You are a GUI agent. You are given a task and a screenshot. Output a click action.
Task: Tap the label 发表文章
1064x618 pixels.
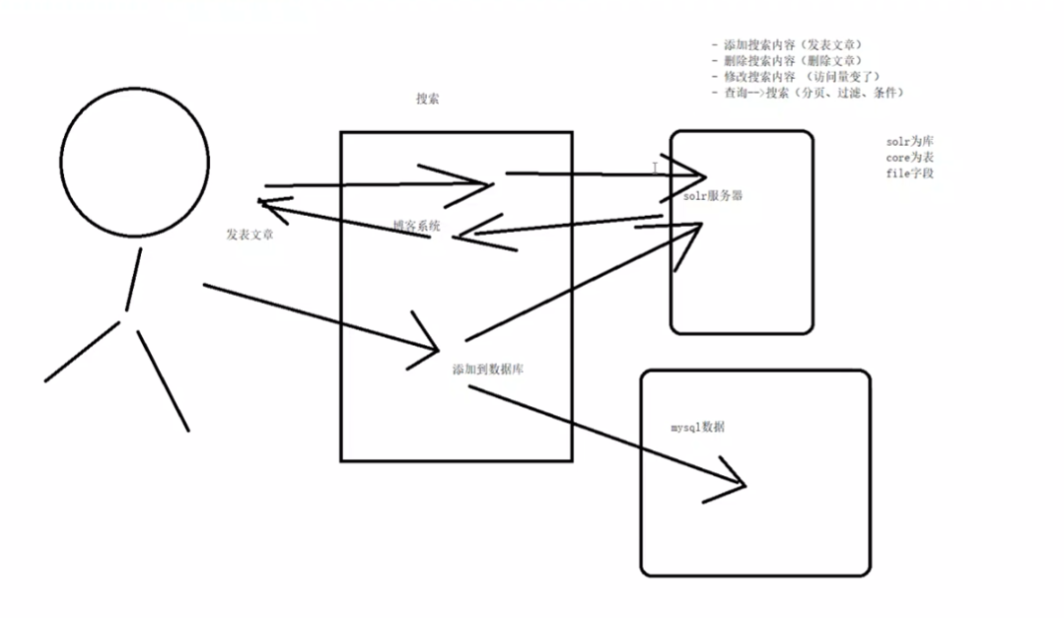(249, 235)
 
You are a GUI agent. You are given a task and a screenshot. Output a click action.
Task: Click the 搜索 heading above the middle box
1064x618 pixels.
(427, 99)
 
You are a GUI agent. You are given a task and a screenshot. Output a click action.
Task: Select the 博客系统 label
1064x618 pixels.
(416, 227)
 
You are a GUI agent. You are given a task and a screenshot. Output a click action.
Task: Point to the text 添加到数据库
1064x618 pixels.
(493, 370)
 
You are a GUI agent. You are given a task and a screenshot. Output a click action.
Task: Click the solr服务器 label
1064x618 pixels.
(712, 196)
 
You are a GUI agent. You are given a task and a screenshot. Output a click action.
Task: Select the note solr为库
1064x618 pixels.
(909, 142)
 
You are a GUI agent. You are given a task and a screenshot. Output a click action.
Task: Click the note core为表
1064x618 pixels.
(909, 158)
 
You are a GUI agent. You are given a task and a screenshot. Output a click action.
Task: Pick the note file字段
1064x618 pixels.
(909, 173)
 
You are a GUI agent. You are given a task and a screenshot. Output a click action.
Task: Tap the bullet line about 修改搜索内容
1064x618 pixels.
(795, 77)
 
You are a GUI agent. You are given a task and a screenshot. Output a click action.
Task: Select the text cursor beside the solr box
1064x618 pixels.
(655, 169)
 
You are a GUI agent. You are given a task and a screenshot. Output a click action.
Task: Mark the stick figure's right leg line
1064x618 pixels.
(163, 380)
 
